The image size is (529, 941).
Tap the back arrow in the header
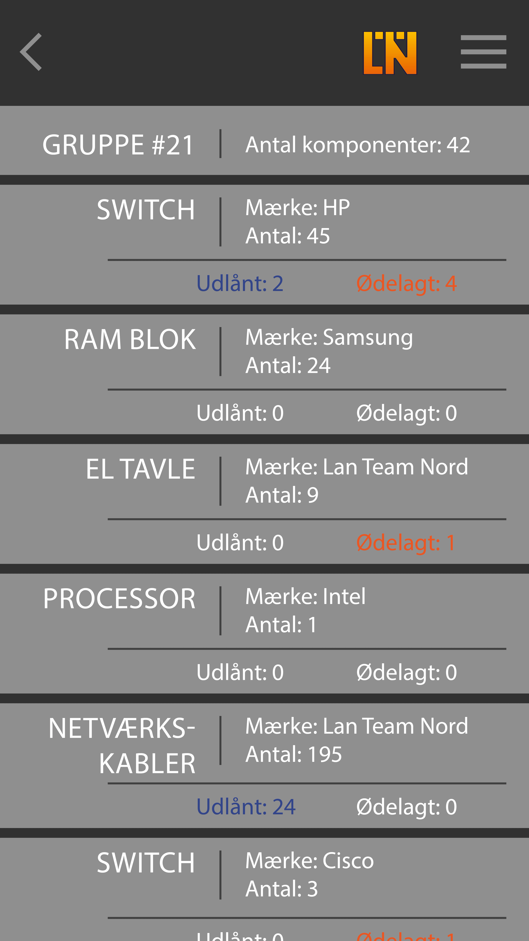point(31,52)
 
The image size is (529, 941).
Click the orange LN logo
point(390,53)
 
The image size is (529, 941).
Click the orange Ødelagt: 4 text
point(406,284)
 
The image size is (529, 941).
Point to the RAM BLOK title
point(130,339)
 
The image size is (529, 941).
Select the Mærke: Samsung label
point(329,337)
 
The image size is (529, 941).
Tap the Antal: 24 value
point(288,365)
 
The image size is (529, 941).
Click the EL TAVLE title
point(141,469)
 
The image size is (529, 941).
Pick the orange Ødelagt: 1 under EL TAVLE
point(406,543)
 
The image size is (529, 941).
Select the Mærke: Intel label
point(305,597)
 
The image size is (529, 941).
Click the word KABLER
point(147,763)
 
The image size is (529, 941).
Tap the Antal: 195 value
point(294,754)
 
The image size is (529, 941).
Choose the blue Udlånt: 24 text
point(246,807)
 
